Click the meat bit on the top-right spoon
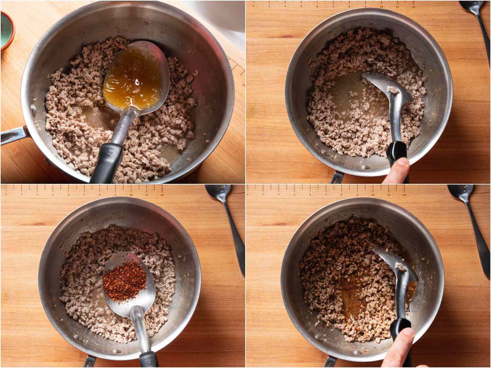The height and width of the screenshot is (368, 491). [391, 89]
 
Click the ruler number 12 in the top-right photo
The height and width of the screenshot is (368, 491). [413, 7]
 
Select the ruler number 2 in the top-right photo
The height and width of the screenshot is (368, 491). [253, 6]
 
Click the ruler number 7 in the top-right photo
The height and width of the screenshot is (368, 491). [333, 7]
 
